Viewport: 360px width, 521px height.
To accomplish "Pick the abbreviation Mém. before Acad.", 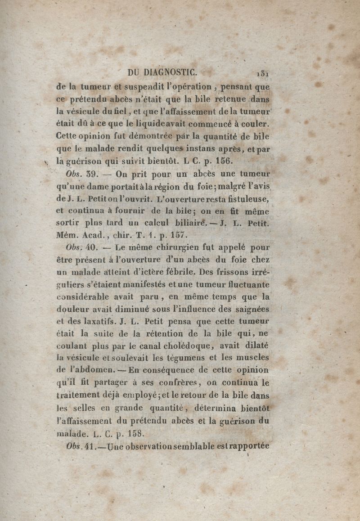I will tap(68, 234).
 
